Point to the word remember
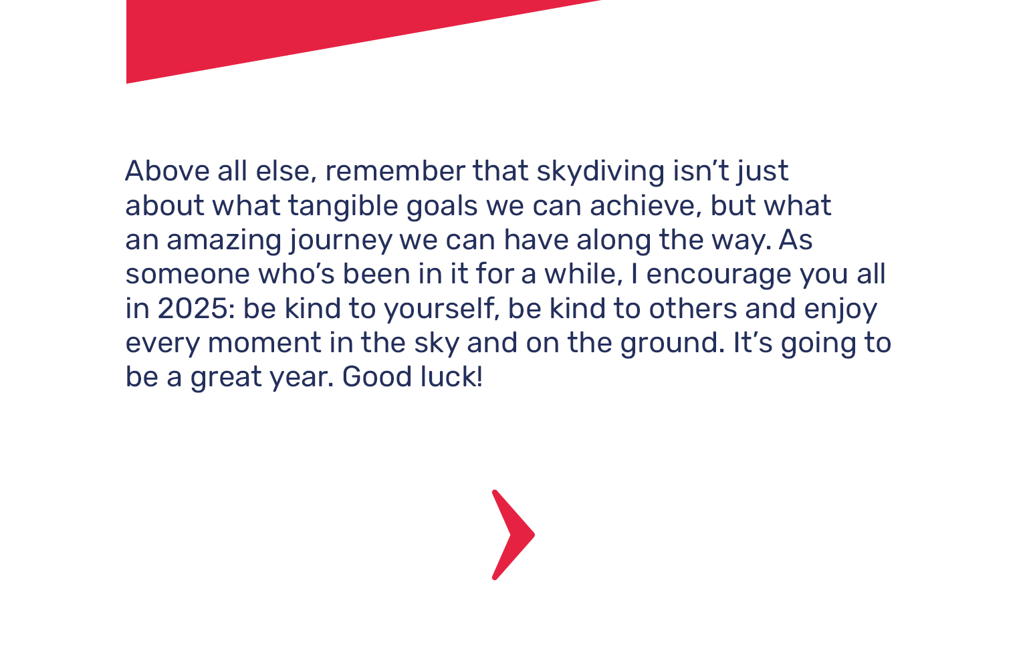pyautogui.click(x=395, y=171)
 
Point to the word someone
pyautogui.click(x=187, y=275)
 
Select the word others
pyautogui.click(x=693, y=309)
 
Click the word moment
pyautogui.click(x=265, y=344)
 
